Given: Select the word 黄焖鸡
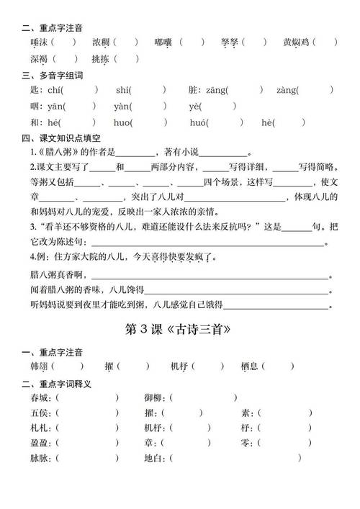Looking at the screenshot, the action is click(295, 42).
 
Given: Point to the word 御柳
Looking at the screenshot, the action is click(153, 397).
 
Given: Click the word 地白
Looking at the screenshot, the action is click(153, 458).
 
